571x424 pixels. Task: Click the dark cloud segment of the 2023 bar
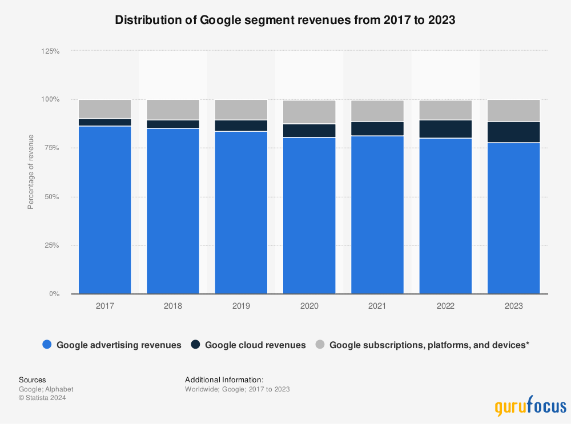[513, 132]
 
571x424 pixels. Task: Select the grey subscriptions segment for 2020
[309, 112]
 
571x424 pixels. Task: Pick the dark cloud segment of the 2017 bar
[105, 122]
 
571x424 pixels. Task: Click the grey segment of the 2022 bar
[445, 110]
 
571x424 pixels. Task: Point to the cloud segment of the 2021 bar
[377, 128]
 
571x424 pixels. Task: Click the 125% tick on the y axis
[50, 51]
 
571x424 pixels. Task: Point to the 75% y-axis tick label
[52, 148]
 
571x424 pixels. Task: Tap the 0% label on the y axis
[54, 294]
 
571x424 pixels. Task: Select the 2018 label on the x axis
[173, 306]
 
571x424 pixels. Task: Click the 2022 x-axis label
[445, 306]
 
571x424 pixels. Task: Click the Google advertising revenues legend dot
[47, 345]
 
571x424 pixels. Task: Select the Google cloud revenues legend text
[255, 345]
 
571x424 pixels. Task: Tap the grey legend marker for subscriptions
[320, 345]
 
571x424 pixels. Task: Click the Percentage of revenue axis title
[31, 172]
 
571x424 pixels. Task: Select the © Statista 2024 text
[42, 398]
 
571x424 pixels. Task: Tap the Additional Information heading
[224, 379]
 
